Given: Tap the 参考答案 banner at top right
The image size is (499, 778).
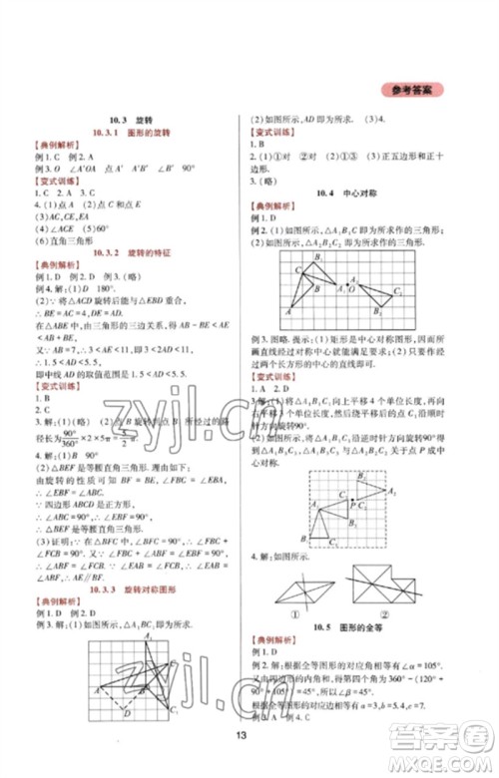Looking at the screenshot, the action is (410, 90).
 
